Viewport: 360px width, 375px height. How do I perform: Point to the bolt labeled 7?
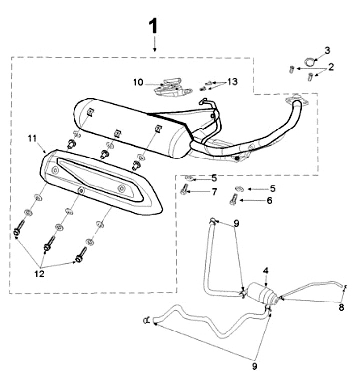(184, 189)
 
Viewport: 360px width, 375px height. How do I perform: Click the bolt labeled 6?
(233, 199)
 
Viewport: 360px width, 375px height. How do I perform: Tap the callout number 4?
(266, 271)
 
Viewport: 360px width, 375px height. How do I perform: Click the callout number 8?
(341, 307)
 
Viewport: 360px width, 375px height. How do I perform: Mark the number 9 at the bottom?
(254, 367)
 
